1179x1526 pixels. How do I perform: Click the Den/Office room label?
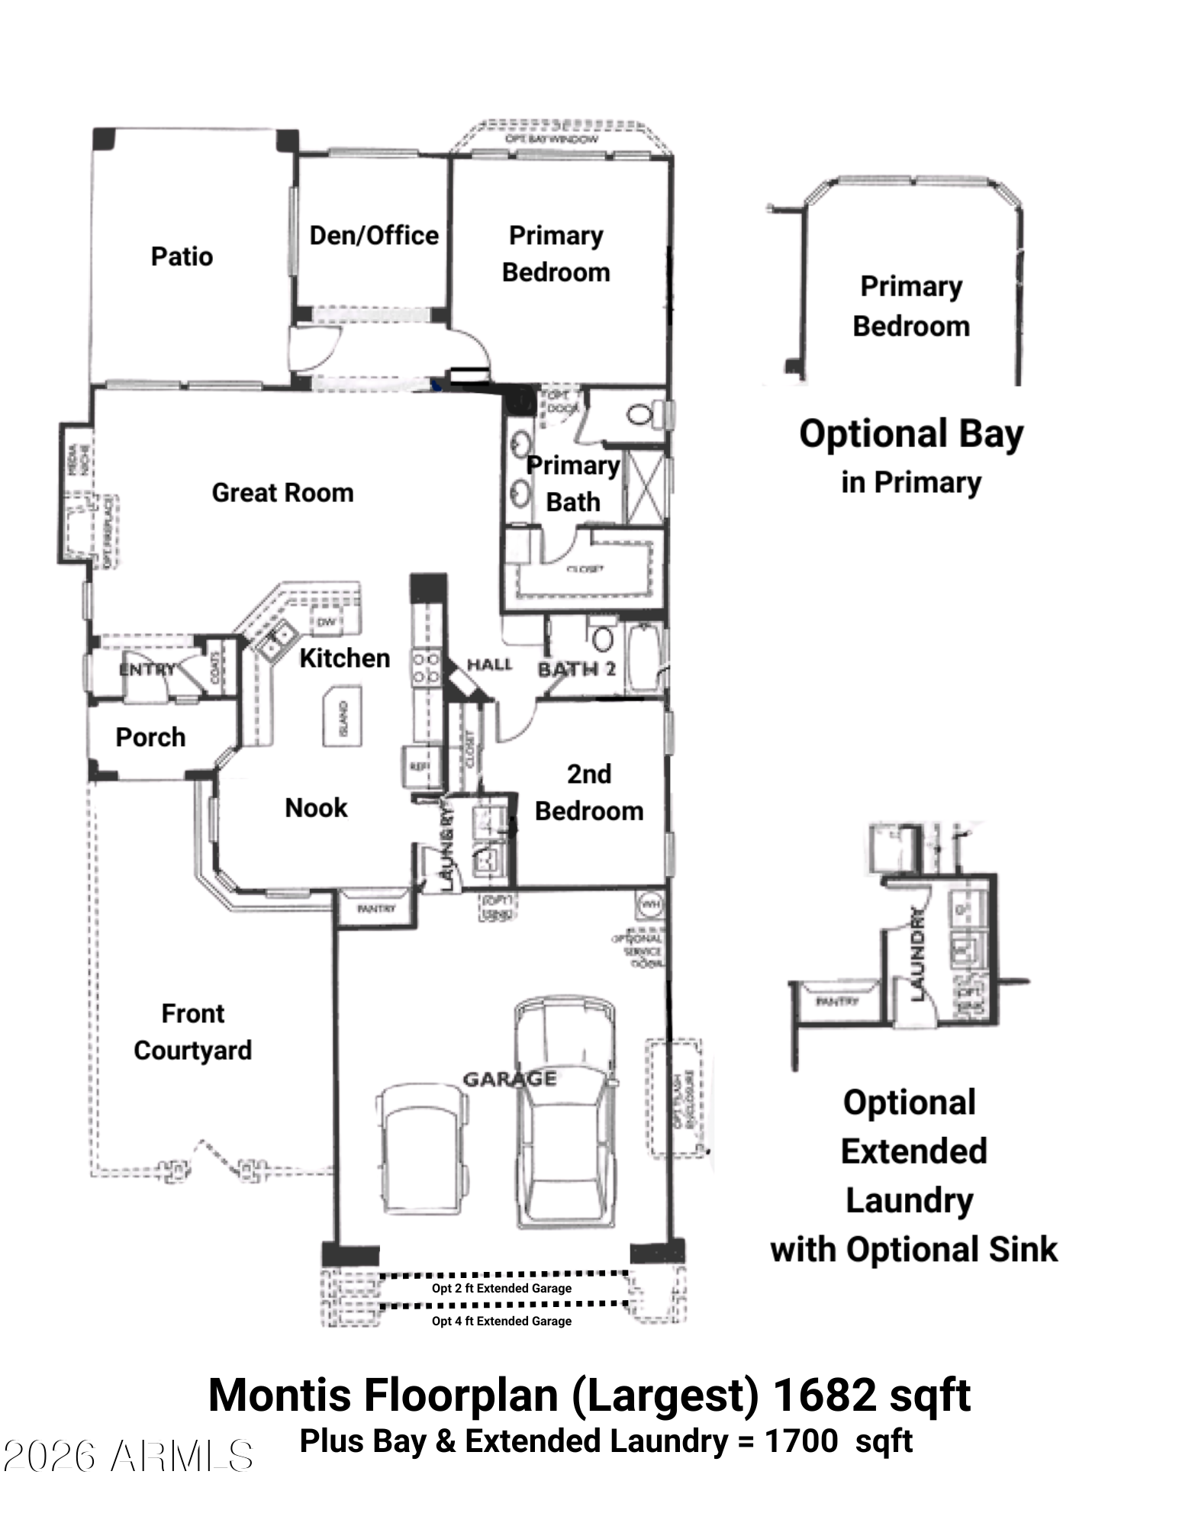point(374,236)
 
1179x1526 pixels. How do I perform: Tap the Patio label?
point(182,256)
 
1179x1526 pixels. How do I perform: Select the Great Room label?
point(282,493)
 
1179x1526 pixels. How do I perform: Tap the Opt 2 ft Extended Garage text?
point(501,1288)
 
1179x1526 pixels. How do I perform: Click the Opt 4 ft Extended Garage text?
point(501,1321)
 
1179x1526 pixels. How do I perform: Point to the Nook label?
point(316,808)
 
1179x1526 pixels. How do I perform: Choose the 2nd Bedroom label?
point(589,793)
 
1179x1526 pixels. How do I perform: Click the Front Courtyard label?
point(192,1032)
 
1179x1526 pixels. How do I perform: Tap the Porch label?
point(150,737)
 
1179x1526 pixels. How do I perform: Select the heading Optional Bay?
point(910,434)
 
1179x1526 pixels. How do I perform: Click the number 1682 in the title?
point(824,1396)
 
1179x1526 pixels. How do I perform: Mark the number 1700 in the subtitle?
point(800,1441)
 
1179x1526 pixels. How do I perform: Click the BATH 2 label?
point(576,669)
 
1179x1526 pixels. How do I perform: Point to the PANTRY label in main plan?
point(376,909)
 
